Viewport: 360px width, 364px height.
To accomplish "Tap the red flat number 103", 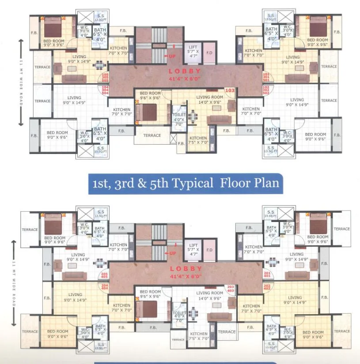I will pyautogui.click(x=230, y=90).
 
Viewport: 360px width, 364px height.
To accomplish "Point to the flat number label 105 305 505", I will pyautogui.click(x=105, y=77).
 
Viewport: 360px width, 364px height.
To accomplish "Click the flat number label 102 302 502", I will pyautogui.click(x=266, y=90).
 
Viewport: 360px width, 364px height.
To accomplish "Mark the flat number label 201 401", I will pyautogui.click(x=266, y=275).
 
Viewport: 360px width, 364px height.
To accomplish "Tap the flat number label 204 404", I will pyautogui.click(x=105, y=287).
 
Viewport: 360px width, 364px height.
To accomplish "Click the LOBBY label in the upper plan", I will pyautogui.click(x=186, y=71).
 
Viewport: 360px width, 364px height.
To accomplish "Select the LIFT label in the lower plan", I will pyautogui.click(x=193, y=245).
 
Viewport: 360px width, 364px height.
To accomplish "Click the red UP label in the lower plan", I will pyautogui.click(x=172, y=253).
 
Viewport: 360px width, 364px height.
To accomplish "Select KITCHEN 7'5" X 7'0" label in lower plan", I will pyautogui.click(x=198, y=337).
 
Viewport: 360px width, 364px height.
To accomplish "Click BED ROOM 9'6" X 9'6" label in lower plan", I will pyautogui.click(x=150, y=294).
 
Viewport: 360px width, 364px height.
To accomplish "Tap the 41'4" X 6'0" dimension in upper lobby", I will pyautogui.click(x=186, y=79).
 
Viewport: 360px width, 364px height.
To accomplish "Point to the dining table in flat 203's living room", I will pyautogui.click(x=193, y=314).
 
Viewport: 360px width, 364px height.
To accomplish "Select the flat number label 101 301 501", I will pyautogui.click(x=266, y=77).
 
